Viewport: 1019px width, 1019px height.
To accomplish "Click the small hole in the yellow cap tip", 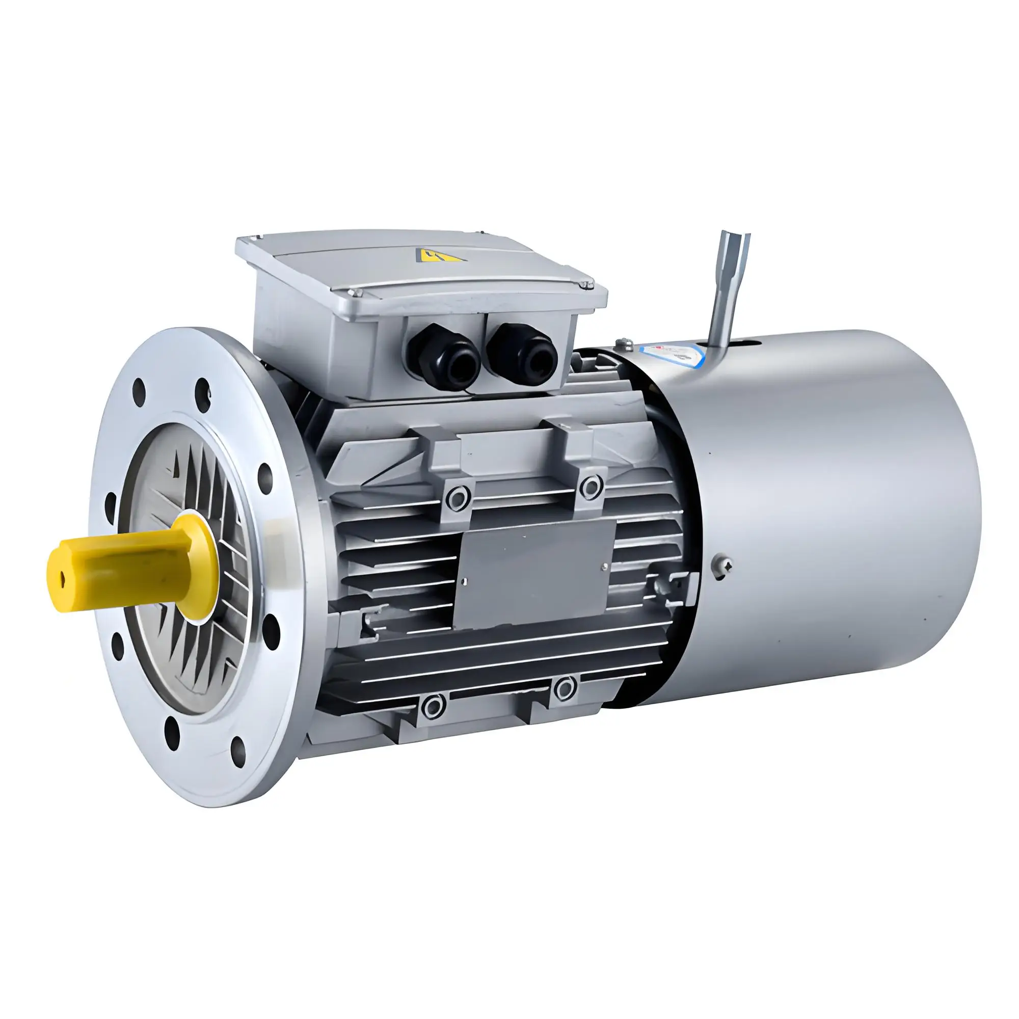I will point(63,581).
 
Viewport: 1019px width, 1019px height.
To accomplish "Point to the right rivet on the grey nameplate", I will point(604,568).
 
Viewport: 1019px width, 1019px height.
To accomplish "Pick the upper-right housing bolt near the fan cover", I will point(591,485).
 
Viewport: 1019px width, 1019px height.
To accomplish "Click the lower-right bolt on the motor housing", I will point(565,688).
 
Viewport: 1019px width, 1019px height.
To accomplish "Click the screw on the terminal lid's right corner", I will point(584,285).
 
